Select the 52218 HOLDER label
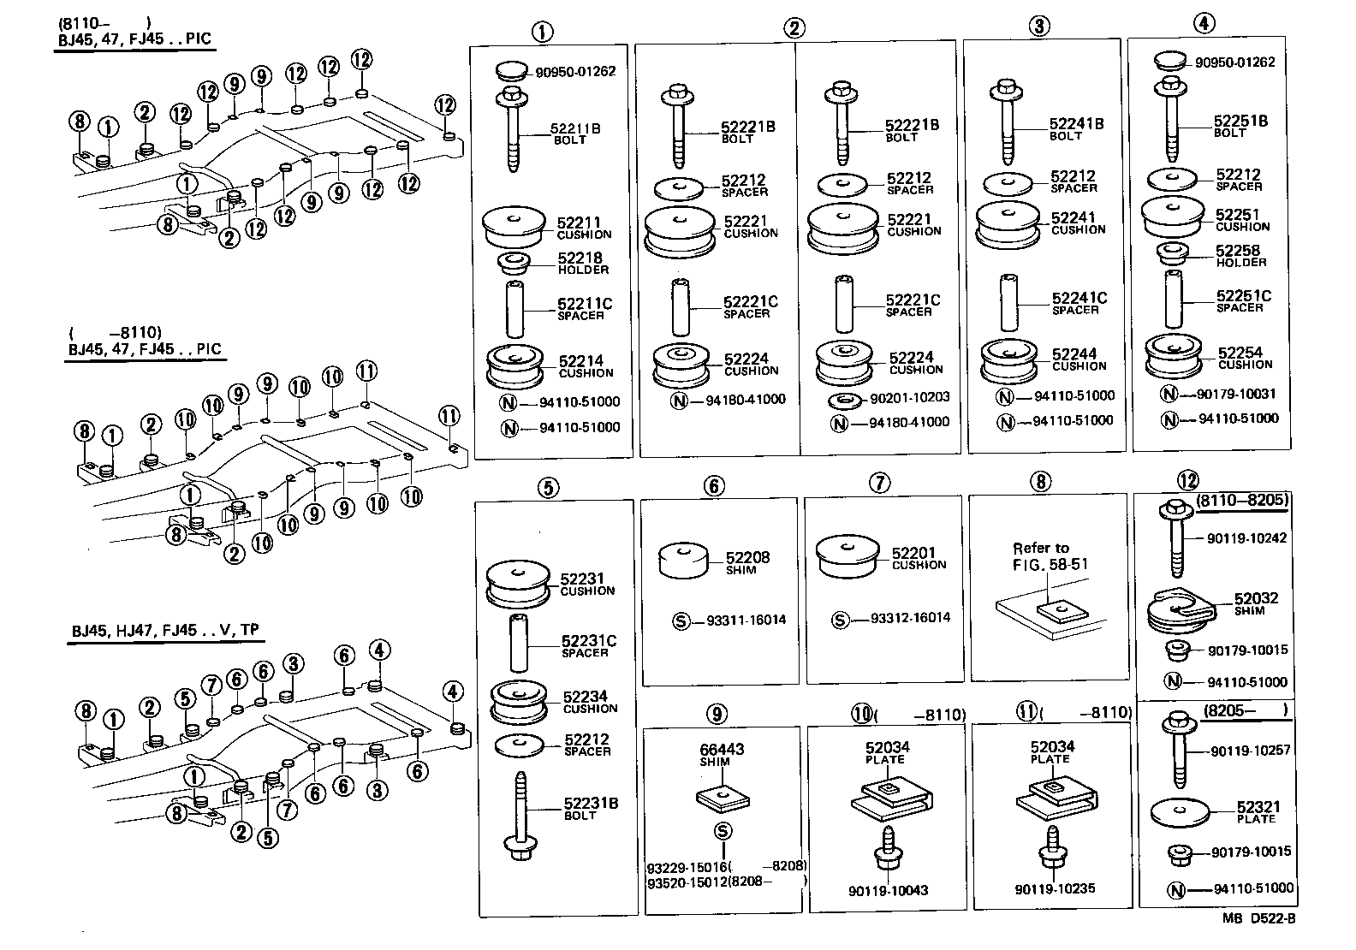pyautogui.click(x=582, y=263)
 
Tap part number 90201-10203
pyautogui.click(x=910, y=397)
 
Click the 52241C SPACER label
pyautogui.click(x=1079, y=303)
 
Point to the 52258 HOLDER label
pyautogui.click(x=1240, y=256)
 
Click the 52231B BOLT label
pyautogui.click(x=590, y=808)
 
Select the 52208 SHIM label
pyautogui.click(x=747, y=562)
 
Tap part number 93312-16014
pyautogui.click(x=910, y=617)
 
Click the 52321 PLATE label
pyautogui.click(x=1258, y=812)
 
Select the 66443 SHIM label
pyautogui.click(x=722, y=754)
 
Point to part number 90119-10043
pyautogui.click(x=889, y=890)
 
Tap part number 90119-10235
pyautogui.click(x=1055, y=889)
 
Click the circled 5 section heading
pyautogui.click(x=548, y=488)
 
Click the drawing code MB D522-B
pyautogui.click(x=1258, y=918)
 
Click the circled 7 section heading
pyautogui.click(x=879, y=484)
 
